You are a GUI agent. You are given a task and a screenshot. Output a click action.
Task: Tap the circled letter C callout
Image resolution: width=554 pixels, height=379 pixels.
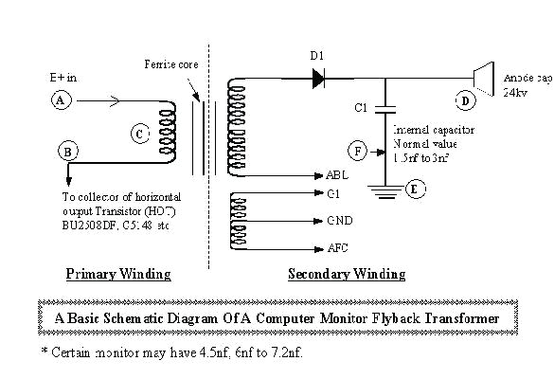point(138,135)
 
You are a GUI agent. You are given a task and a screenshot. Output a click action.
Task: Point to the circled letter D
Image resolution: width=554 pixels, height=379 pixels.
point(465,99)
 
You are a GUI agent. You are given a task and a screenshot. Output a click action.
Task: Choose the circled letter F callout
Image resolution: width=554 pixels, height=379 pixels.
point(357,150)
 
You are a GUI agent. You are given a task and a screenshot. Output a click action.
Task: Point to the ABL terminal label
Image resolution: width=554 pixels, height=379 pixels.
point(336,176)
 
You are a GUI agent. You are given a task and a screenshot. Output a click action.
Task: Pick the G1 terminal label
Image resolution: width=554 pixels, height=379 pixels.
point(331,194)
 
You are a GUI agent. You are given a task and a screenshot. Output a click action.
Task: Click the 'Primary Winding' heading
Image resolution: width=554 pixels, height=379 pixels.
point(117,274)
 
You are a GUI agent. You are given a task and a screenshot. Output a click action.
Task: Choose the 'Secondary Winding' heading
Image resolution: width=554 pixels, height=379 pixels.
point(346,274)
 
